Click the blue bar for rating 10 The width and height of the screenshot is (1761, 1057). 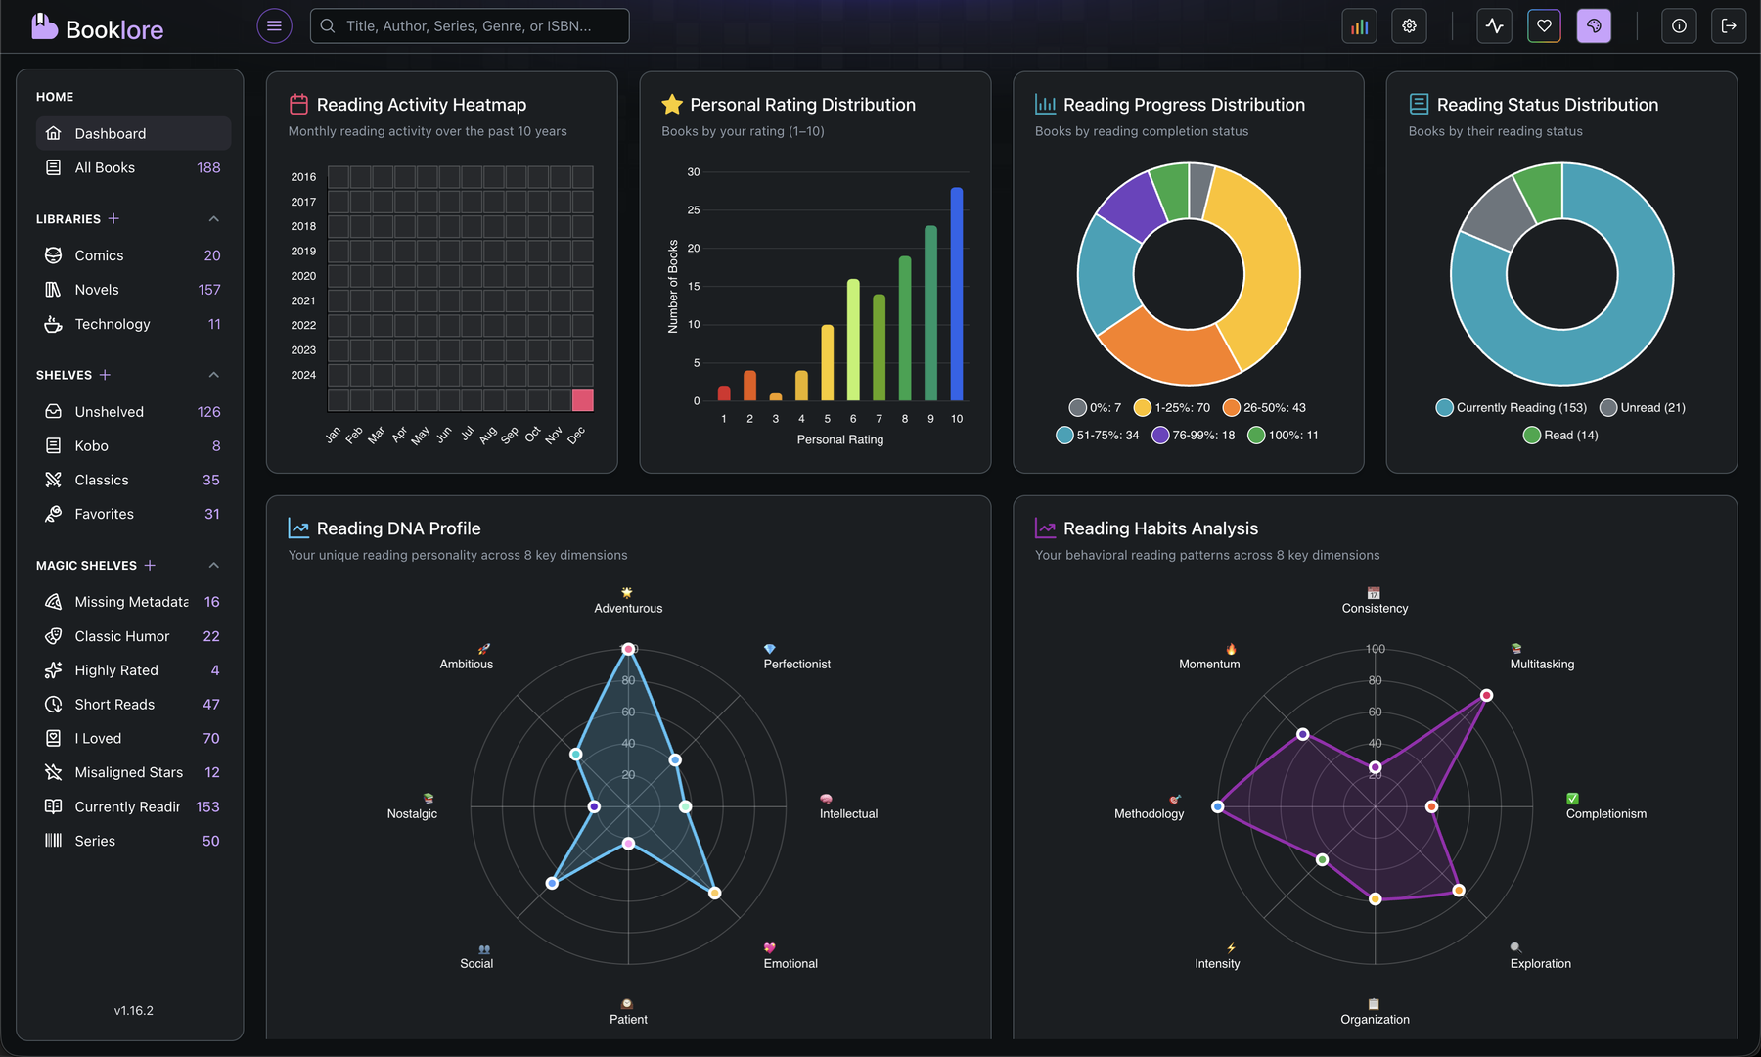956,294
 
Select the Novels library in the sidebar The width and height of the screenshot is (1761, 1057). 97,290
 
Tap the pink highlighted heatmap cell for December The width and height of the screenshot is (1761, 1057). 582,399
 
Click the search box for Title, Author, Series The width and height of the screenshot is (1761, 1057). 470,26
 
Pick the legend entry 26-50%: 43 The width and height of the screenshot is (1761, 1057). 1264,408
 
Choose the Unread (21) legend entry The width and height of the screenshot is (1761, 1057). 1643,408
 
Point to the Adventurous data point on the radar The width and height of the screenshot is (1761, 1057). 628,649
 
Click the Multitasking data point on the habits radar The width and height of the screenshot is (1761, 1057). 1486,696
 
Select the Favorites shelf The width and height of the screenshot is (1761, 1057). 104,514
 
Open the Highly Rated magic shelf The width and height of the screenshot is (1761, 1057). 116,670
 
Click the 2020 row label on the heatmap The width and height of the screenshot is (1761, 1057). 303,276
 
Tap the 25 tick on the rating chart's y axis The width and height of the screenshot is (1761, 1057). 694,210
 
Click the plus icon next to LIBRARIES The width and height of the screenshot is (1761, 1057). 113,219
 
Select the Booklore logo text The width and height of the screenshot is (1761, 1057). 114,29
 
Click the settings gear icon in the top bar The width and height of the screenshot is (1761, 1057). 1409,26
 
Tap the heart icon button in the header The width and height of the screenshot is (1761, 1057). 1544,26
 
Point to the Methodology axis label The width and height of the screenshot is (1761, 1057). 1149,814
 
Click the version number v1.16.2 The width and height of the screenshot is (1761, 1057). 133,1011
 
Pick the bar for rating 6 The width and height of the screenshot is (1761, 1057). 853,340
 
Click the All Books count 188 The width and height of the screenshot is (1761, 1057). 208,168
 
